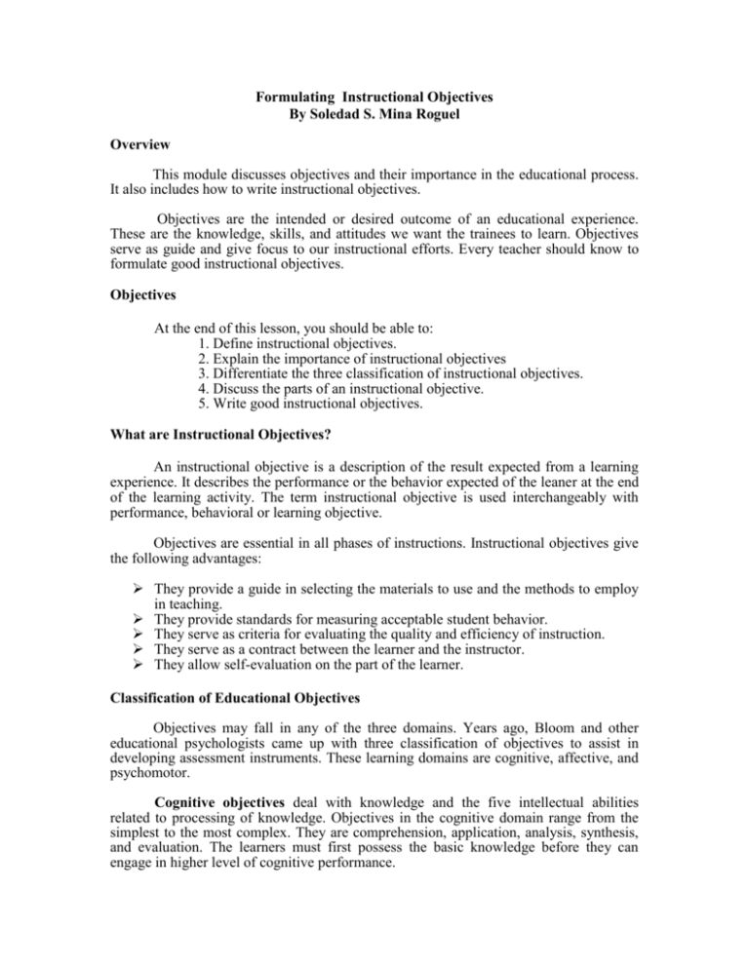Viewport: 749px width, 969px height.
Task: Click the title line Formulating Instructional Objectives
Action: point(374,97)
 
